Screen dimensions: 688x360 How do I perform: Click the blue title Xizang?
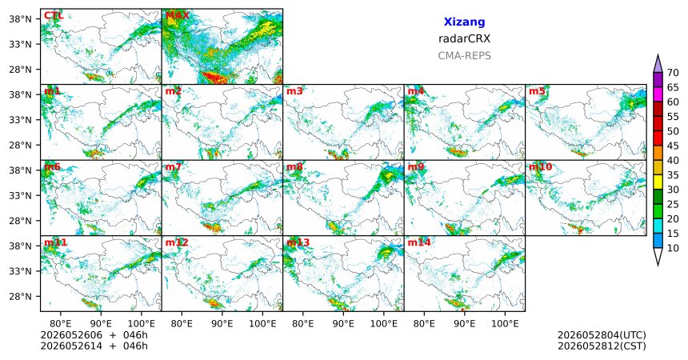coord(464,22)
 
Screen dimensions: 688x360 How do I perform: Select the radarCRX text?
coord(464,38)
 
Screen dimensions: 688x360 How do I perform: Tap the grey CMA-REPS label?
coord(464,56)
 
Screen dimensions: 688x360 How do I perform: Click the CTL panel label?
coord(54,16)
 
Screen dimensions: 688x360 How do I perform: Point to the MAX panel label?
coord(178,16)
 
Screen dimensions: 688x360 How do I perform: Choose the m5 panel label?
coord(537,91)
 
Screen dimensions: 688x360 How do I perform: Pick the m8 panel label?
coord(294,167)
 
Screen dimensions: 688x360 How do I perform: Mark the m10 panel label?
coord(540,167)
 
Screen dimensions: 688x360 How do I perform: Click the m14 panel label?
coord(419,242)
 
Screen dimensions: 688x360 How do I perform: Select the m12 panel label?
coord(177,242)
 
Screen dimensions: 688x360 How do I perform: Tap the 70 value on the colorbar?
coord(673,73)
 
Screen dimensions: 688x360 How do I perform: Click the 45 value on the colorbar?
coord(673,146)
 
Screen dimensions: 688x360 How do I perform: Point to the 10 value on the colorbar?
coord(673,248)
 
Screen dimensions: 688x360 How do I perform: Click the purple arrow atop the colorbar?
coord(658,64)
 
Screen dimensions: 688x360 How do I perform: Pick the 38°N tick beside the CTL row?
coord(20,19)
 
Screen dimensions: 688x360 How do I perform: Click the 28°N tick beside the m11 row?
coord(20,296)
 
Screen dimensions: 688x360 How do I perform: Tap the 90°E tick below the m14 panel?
coord(464,324)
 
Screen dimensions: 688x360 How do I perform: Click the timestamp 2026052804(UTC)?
coord(602,335)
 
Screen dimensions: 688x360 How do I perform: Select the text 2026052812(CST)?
coord(602,346)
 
